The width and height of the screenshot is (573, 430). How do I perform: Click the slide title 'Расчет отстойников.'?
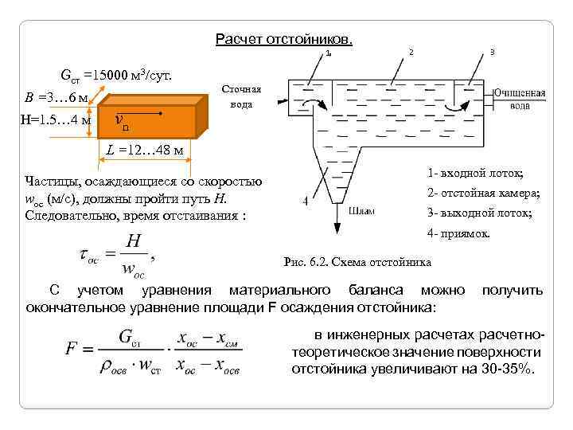(284, 39)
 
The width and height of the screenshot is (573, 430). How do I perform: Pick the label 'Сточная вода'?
(240, 96)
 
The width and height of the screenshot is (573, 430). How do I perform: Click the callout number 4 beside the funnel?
(306, 201)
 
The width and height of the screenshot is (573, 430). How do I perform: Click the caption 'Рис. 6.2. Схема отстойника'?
(357, 262)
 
